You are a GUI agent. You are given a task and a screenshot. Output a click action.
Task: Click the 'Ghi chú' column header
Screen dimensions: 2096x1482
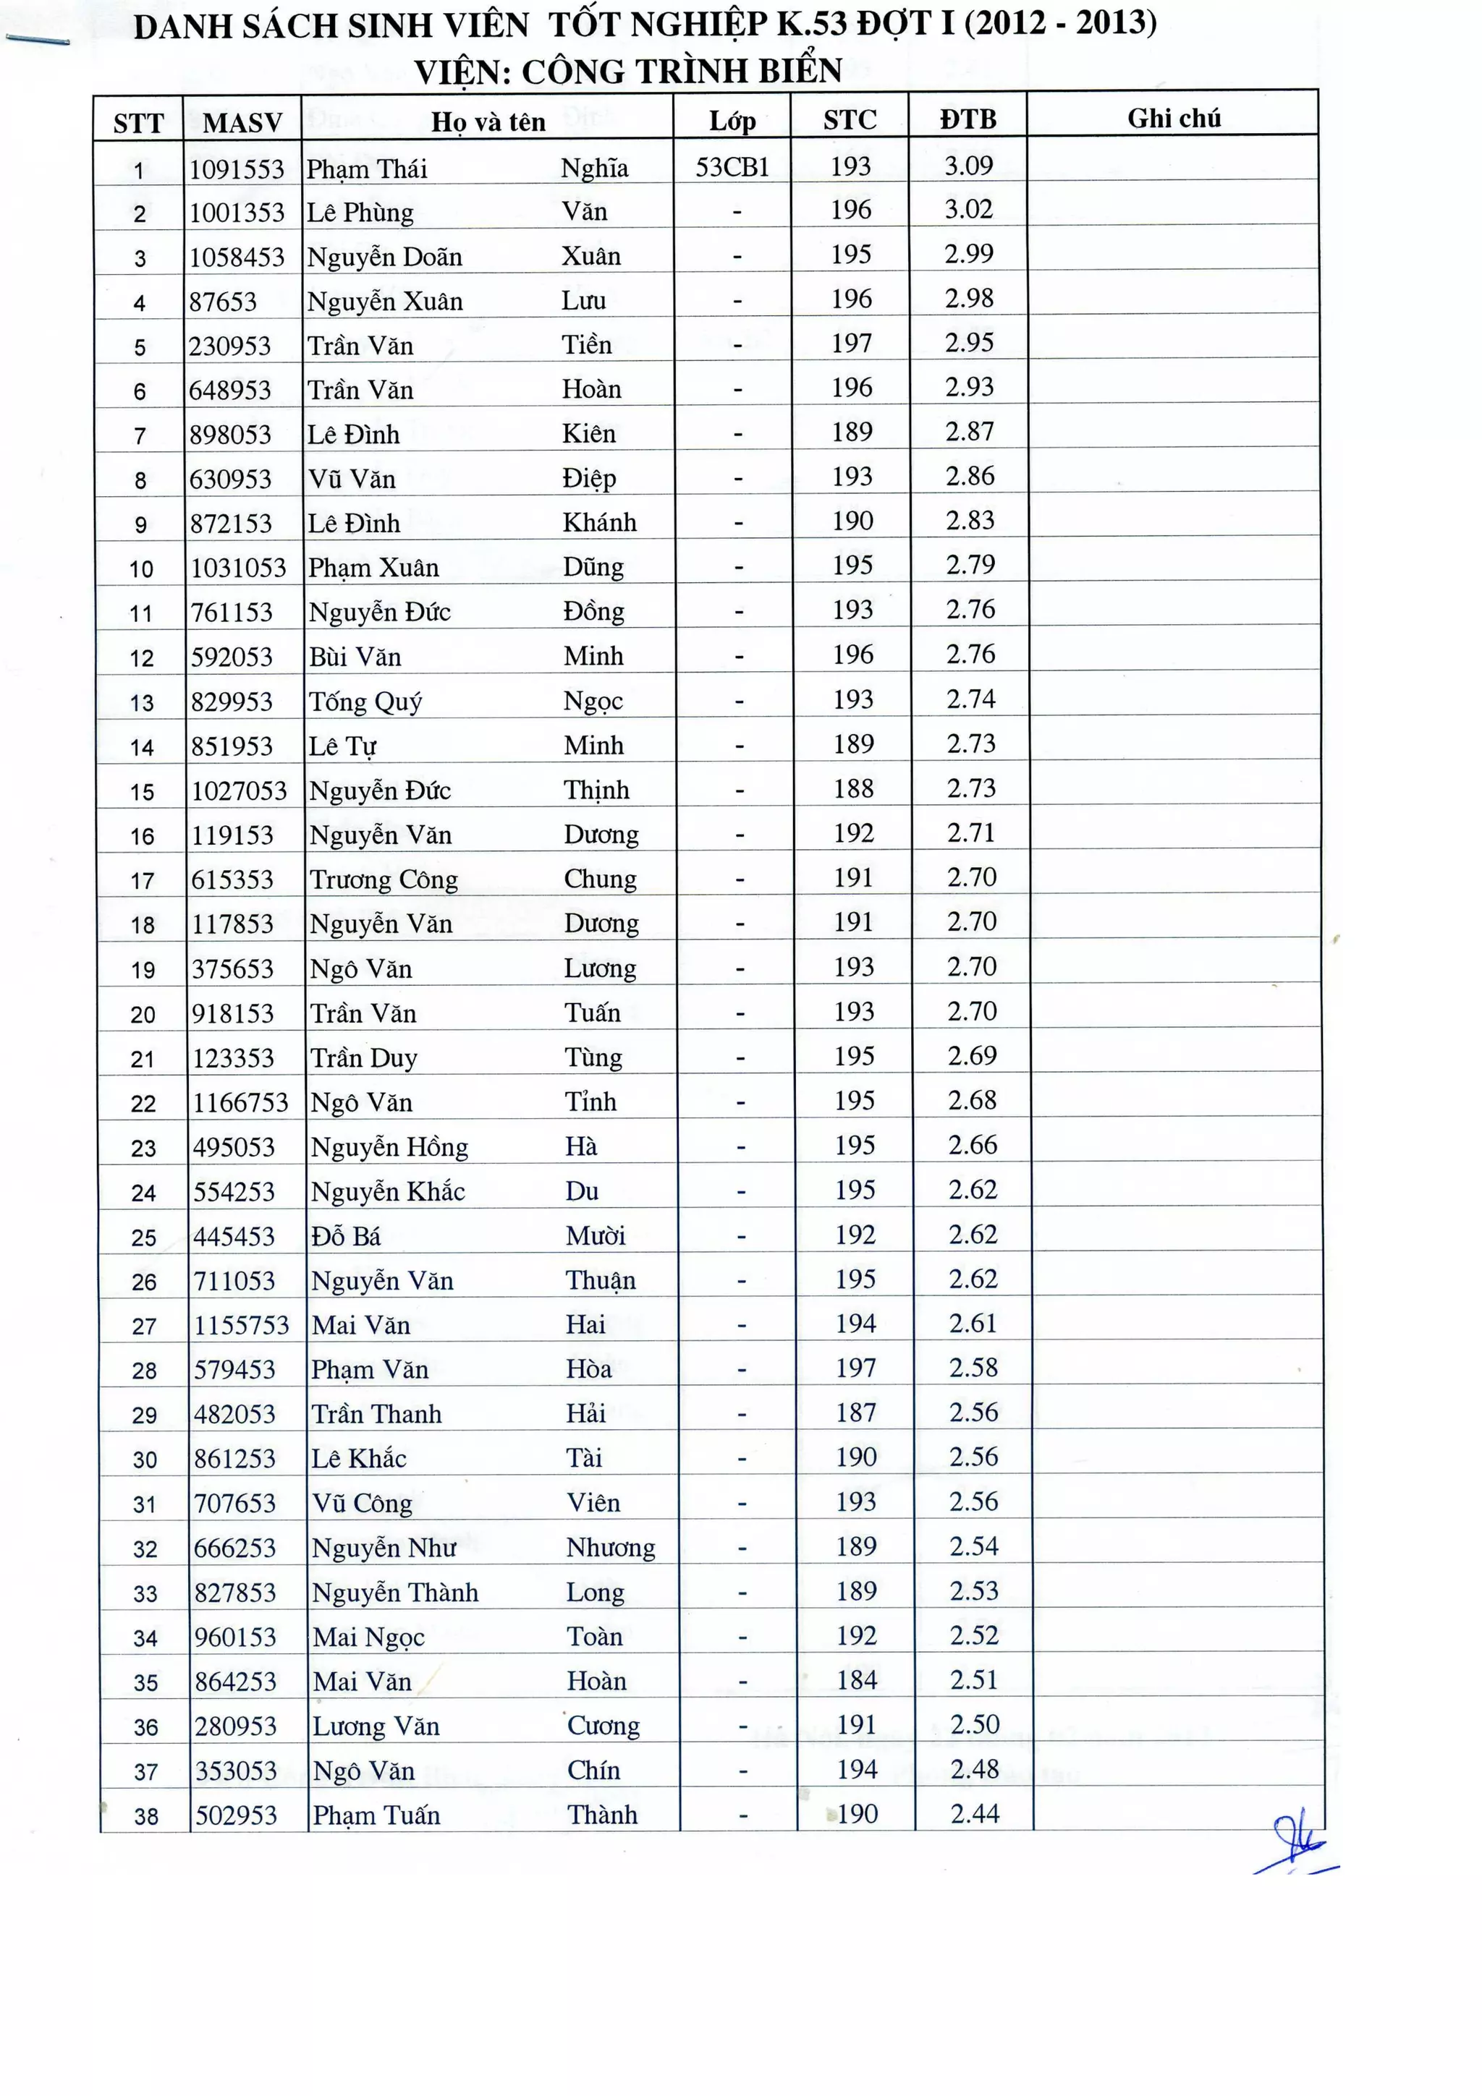1173,119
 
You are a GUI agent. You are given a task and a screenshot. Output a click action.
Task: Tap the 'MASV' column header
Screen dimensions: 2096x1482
242,122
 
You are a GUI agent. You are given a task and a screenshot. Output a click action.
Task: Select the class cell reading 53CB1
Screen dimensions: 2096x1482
732,167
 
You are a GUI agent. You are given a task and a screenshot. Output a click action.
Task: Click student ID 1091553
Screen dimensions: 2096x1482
237,169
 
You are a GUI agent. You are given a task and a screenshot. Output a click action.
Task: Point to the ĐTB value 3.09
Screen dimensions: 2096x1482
968,166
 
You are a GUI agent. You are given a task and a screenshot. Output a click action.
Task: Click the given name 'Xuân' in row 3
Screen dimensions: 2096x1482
590,255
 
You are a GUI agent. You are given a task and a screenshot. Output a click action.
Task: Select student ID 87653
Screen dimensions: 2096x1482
223,302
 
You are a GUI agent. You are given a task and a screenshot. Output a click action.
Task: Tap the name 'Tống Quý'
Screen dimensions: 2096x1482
365,701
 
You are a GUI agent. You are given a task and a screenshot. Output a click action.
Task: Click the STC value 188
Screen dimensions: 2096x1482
853,789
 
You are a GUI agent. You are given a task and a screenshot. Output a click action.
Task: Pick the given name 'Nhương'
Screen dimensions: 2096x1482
610,1547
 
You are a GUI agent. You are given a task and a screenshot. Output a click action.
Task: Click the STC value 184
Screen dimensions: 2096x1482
857,1679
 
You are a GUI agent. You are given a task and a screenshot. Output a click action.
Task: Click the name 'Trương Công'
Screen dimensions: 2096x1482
384,879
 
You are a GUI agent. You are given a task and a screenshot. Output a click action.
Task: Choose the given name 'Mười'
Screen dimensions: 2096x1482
596,1236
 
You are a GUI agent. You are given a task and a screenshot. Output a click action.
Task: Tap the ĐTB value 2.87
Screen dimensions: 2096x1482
970,432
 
